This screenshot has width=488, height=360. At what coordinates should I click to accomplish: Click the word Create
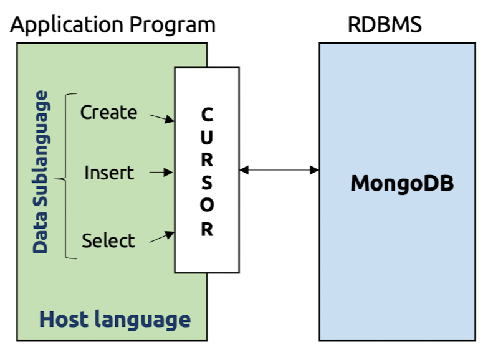108,113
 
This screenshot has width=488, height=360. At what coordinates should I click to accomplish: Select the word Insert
109,173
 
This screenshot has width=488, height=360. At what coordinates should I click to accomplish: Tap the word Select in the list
108,240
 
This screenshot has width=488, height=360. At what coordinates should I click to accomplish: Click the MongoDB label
402,184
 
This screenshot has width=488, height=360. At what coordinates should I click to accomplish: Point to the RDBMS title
385,25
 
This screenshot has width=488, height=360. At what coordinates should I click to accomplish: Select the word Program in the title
172,25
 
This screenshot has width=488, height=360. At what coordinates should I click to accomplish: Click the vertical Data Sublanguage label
41,172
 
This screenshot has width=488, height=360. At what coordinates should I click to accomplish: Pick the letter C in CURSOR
207,115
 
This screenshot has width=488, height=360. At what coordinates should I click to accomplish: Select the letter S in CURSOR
207,182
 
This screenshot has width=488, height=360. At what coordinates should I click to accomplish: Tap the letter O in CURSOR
207,206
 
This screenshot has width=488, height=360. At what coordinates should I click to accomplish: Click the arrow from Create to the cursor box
162,117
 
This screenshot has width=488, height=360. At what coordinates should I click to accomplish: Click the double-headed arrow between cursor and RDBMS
279,169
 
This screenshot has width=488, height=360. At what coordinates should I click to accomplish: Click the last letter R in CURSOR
207,229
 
